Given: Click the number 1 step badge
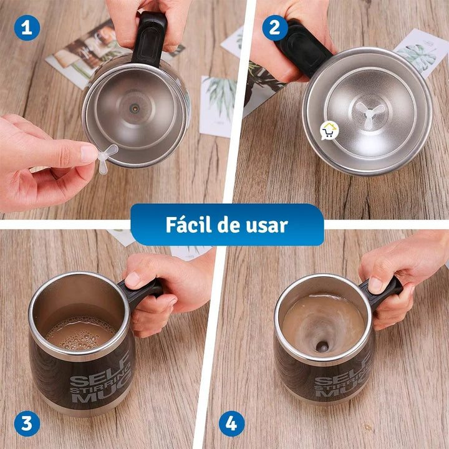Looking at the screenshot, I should (x=27, y=27).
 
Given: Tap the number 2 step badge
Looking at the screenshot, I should (x=274, y=27).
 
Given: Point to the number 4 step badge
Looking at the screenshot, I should (x=231, y=424).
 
